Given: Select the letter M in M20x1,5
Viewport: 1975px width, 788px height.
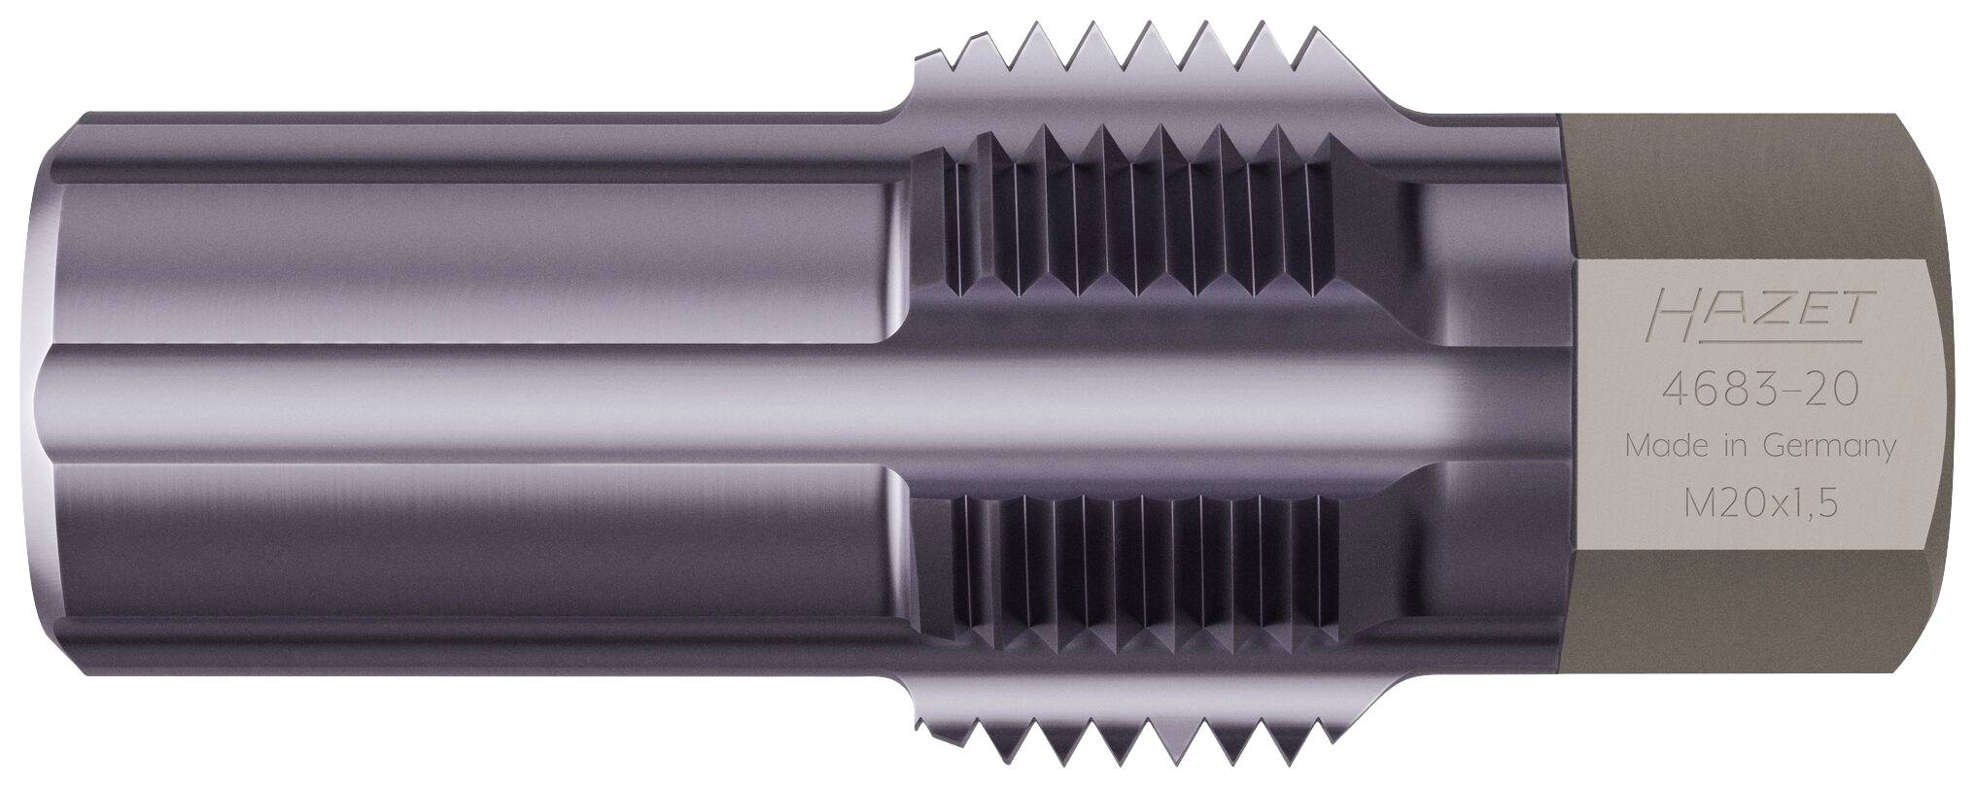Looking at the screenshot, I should point(1696,505).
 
